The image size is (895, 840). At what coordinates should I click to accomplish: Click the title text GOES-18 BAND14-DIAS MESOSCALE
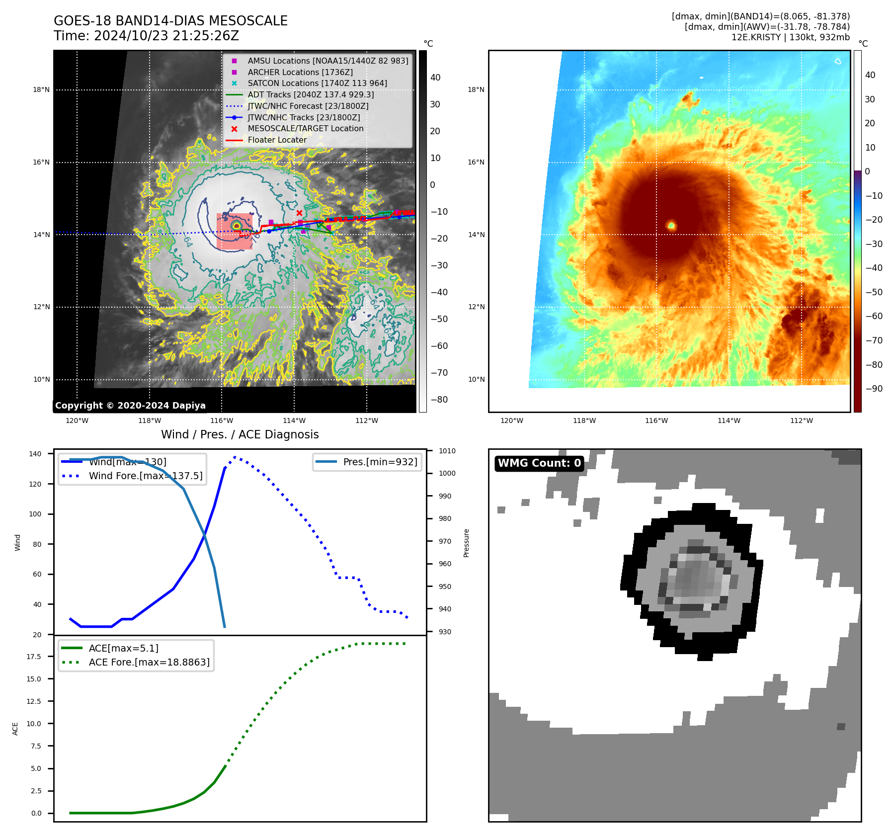(170, 21)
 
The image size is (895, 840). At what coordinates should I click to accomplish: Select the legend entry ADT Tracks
(311, 94)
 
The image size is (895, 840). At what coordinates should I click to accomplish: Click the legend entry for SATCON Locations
(317, 83)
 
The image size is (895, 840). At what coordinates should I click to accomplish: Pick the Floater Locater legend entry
(277, 140)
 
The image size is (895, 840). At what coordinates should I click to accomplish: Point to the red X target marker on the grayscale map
(299, 213)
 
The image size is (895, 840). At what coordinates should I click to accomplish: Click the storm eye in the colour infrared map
(671, 226)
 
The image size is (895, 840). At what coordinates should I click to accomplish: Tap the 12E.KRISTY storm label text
(755, 37)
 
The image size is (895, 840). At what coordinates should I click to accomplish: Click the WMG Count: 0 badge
(539, 463)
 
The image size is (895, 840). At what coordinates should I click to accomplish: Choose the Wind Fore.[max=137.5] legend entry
(145, 476)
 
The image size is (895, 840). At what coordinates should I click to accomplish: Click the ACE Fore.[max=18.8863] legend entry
(149, 662)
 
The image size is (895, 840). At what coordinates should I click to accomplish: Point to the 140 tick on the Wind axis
(35, 454)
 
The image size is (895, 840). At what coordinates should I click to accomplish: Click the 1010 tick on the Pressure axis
(447, 451)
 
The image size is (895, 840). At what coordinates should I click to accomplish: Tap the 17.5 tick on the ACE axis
(34, 657)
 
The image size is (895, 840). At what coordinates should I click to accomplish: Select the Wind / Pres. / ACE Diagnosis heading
(240, 434)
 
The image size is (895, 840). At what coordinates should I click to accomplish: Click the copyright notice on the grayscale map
(130, 406)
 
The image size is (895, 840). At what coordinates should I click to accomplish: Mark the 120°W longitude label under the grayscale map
(77, 420)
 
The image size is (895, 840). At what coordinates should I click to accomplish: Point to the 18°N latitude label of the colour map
(476, 89)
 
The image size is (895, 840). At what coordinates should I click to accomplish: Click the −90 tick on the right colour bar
(874, 389)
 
